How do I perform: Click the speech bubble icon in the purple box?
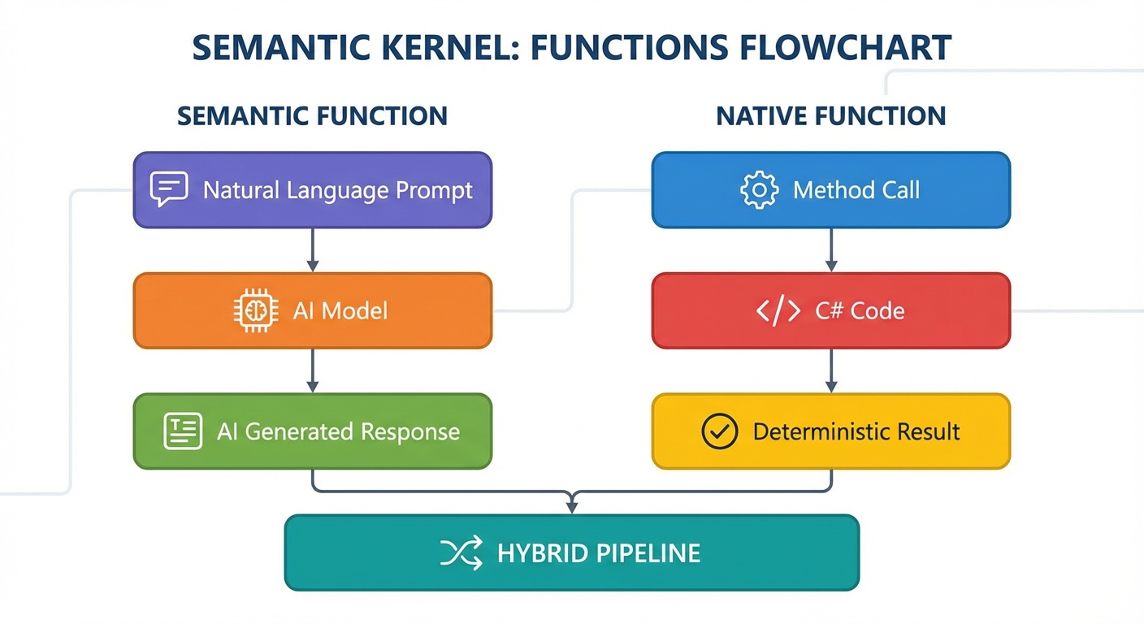pyautogui.click(x=169, y=189)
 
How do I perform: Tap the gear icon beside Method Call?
pyautogui.click(x=759, y=189)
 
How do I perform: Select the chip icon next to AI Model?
pyautogui.click(x=250, y=310)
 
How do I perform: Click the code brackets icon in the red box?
pyautogui.click(x=778, y=310)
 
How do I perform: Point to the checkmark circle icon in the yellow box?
pyautogui.click(x=719, y=431)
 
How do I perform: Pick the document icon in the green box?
pyautogui.click(x=183, y=431)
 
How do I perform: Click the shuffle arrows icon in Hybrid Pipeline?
pyautogui.click(x=461, y=552)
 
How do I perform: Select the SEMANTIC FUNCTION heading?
pyautogui.click(x=312, y=115)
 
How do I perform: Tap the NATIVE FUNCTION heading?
pyautogui.click(x=830, y=115)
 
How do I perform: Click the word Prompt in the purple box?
pyautogui.click(x=434, y=190)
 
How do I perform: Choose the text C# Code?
pyautogui.click(x=860, y=310)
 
